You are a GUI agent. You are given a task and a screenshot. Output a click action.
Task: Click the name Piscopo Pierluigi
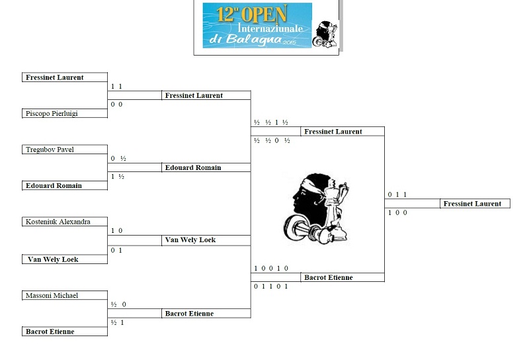tap(51, 114)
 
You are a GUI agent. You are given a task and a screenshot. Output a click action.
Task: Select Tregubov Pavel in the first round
tap(50, 150)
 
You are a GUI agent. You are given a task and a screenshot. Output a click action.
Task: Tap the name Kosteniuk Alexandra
tap(58, 222)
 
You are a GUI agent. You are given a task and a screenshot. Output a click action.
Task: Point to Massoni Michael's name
tap(52, 295)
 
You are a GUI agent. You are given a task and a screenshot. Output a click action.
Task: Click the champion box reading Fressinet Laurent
tap(472, 204)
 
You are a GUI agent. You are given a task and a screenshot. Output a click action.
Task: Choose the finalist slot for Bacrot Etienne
tap(328, 278)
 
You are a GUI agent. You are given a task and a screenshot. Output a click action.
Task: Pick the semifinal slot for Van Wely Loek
tap(190, 240)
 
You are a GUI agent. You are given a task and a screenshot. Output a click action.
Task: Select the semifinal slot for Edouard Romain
tap(192, 168)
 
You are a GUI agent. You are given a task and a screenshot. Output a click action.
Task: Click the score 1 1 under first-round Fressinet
tap(116, 87)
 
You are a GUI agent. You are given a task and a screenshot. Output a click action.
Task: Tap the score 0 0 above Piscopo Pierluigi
tap(116, 105)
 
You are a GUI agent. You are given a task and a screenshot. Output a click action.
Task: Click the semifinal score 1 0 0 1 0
tap(271, 269)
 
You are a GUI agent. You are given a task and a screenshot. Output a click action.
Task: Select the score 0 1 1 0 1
tap(271, 287)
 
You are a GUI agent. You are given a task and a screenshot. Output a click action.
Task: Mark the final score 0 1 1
tap(397, 195)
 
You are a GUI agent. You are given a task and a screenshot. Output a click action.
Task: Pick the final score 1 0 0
tap(397, 212)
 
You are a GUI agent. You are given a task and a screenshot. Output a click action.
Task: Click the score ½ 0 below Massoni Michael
tap(119, 304)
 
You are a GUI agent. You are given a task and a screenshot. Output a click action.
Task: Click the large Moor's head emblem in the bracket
tap(317, 205)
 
